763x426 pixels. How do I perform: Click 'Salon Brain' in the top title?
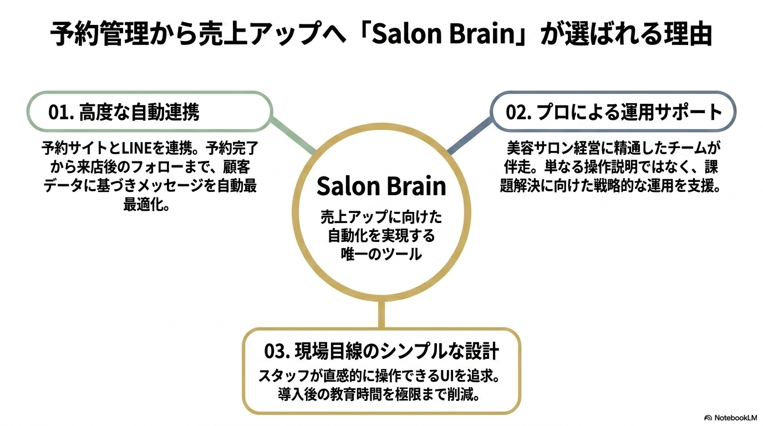(442, 34)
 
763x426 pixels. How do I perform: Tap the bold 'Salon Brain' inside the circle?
(381, 186)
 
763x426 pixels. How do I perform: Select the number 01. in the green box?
(62, 112)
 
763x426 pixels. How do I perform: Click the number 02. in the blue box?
(518, 112)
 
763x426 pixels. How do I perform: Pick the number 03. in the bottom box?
(277, 351)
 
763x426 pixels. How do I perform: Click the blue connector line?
(470, 136)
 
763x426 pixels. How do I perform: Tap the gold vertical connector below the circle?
(381, 314)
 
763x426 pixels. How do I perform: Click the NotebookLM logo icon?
(708, 418)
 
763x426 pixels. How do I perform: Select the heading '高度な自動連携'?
(139, 112)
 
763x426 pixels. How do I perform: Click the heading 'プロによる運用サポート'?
(629, 112)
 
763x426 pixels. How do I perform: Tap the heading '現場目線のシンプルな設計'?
(396, 351)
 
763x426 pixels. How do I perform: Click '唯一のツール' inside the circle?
(381, 254)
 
